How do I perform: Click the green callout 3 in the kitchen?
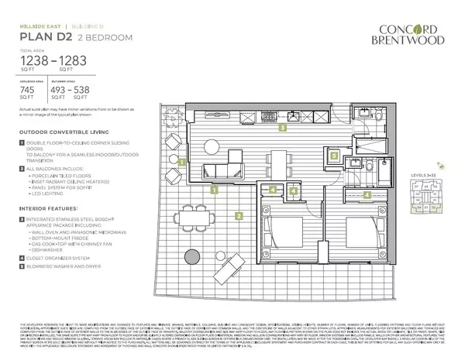click(x=284, y=128)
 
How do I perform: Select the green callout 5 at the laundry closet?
click(x=334, y=155)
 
